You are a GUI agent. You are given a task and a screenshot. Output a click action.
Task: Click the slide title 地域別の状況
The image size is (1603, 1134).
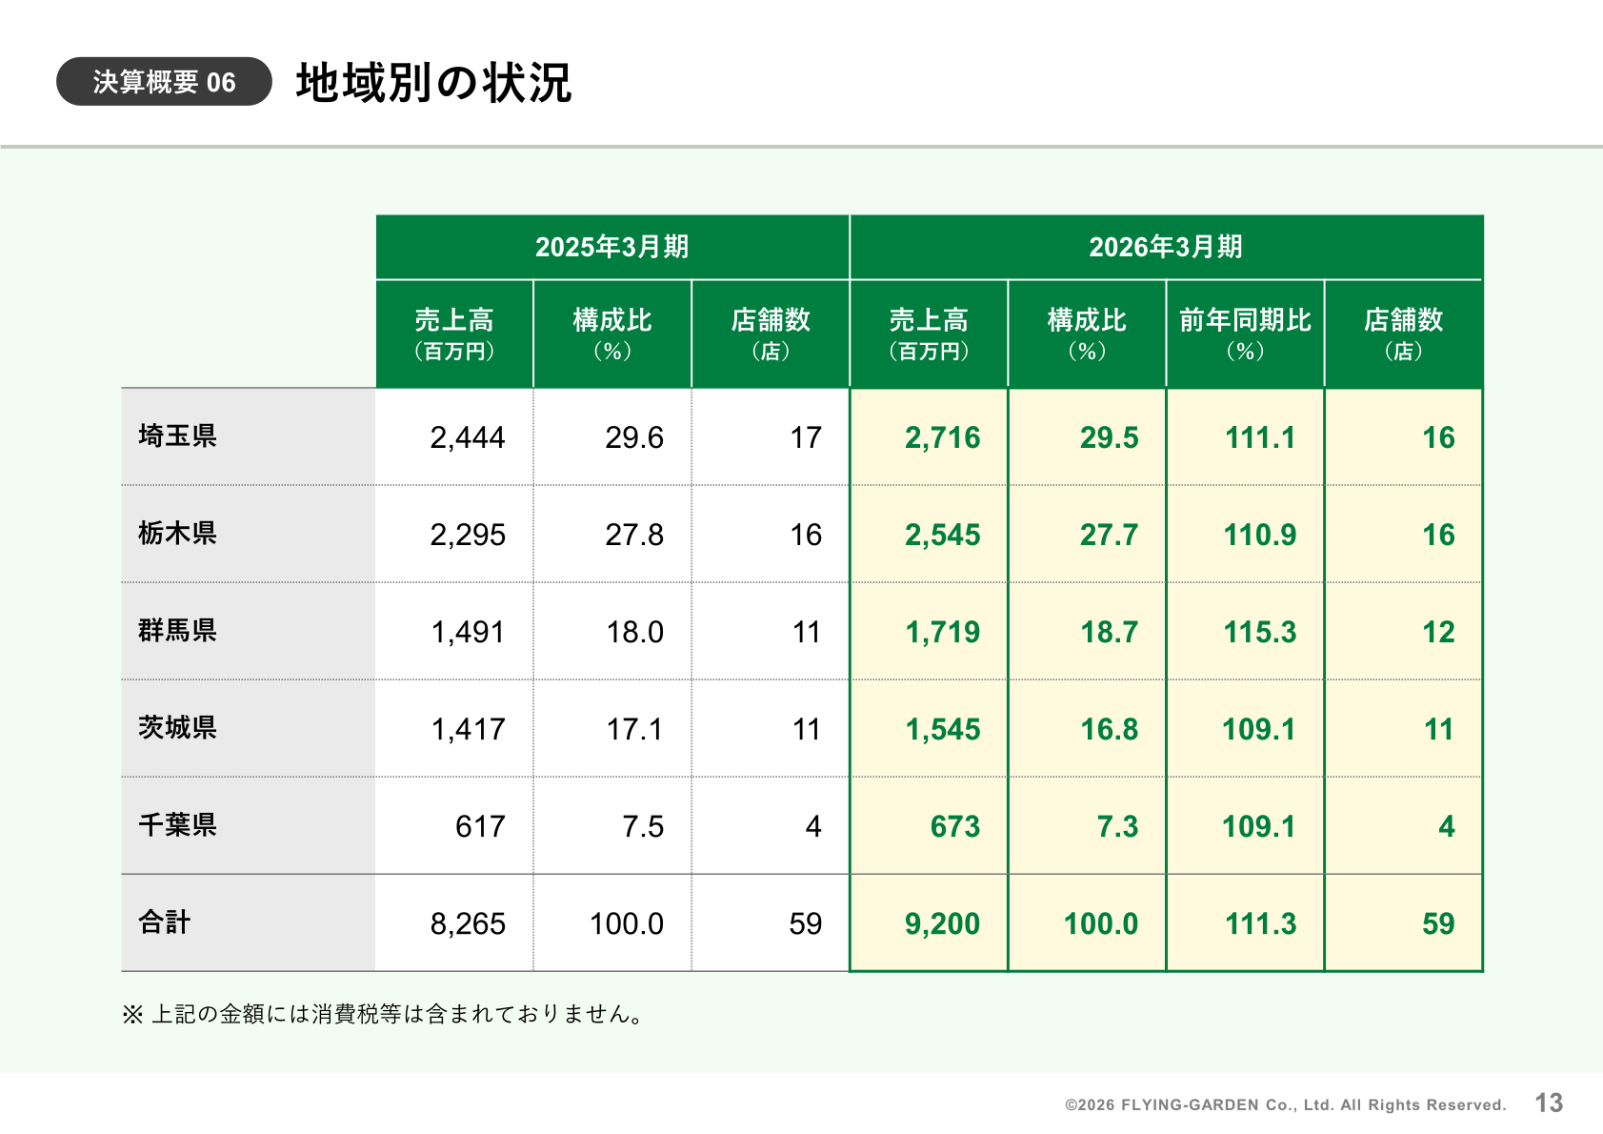coord(433,83)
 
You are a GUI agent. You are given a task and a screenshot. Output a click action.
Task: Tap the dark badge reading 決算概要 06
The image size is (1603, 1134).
coord(164,82)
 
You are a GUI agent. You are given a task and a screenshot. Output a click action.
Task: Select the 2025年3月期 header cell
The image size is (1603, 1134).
coord(611,247)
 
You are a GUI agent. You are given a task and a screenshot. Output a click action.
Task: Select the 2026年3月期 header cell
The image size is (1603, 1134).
coord(1166,247)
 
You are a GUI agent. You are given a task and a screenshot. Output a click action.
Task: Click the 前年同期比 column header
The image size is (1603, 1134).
coord(1245,334)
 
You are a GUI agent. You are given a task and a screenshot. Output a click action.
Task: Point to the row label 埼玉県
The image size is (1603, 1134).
coord(177,436)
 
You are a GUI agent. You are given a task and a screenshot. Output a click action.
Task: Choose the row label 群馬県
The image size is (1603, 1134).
coord(177,631)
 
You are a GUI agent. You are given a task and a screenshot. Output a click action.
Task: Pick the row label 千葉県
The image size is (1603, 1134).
coord(177,824)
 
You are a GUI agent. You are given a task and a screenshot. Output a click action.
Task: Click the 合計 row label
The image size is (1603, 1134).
coord(164,922)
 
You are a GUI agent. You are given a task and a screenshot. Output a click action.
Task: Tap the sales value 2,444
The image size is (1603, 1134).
coord(468,437)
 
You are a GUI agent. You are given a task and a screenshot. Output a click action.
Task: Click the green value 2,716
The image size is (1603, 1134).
coord(943,437)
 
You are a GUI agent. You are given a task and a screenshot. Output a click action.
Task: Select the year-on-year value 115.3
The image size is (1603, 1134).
coord(1259,632)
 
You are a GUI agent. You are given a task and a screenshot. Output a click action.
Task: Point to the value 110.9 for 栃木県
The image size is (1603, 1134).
coord(1259,535)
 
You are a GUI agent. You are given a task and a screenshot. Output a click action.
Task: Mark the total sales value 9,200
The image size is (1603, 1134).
coord(943,923)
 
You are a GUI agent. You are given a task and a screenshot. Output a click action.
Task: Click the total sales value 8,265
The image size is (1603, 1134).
coord(468,923)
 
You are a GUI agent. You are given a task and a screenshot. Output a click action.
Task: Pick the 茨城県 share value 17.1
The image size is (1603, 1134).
coord(634,730)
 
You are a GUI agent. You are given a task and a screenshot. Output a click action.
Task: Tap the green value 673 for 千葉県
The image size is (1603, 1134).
coord(955,827)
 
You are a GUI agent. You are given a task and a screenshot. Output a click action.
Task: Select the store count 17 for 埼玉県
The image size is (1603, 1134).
coord(806,437)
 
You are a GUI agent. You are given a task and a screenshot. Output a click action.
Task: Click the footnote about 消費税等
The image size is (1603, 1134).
coord(384,1014)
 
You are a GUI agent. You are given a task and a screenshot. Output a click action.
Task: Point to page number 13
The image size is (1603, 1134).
coord(1549,1103)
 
